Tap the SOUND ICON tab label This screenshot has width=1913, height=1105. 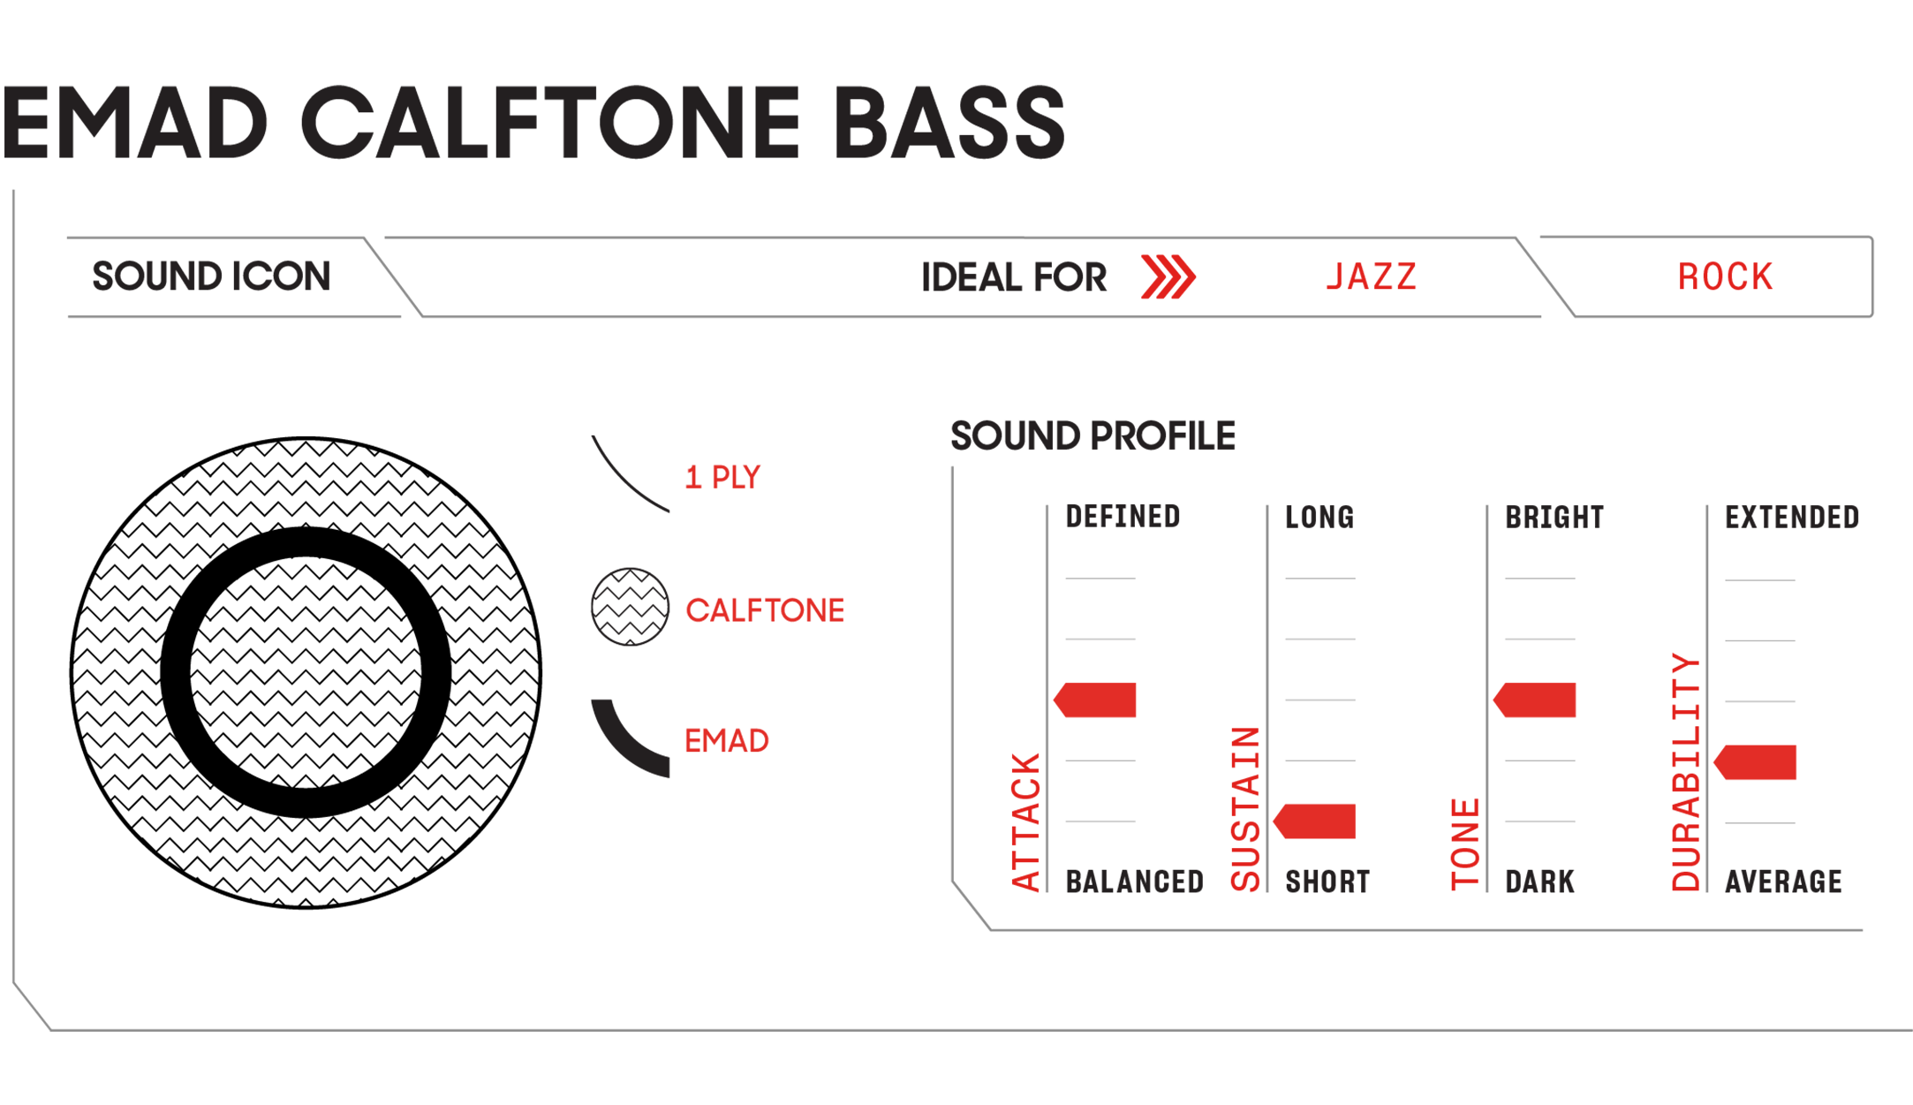[x=212, y=276]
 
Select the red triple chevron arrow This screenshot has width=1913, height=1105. [x=1168, y=276]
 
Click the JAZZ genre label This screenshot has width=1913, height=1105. [x=1372, y=277]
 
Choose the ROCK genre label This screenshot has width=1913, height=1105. [x=1725, y=277]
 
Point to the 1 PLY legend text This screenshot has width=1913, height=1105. [x=722, y=478]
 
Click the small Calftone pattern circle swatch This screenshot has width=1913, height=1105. [x=630, y=607]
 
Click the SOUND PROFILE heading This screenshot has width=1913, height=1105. [x=1093, y=436]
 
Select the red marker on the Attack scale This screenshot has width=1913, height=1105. [x=1094, y=700]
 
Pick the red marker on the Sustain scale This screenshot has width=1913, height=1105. [x=1314, y=821]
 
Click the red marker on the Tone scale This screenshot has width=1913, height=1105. [x=1534, y=700]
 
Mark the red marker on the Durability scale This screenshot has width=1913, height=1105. [x=1755, y=762]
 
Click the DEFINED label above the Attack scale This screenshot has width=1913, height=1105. [x=1123, y=517]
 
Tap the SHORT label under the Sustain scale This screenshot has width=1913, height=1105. [x=1327, y=882]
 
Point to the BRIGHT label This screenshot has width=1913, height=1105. [x=1554, y=518]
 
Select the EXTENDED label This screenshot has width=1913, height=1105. [x=1792, y=518]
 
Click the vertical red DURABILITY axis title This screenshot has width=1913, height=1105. [x=1686, y=772]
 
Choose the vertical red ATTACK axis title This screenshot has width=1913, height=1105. [x=1025, y=822]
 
